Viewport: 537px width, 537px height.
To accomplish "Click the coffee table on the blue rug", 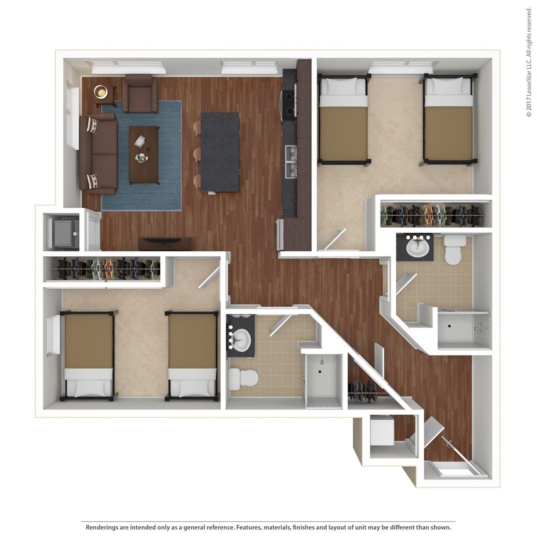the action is tap(144, 155).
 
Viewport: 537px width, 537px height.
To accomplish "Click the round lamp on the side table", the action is tap(100, 91).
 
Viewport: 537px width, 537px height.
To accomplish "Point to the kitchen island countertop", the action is tap(220, 152).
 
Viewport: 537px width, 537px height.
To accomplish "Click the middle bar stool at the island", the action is tap(197, 154).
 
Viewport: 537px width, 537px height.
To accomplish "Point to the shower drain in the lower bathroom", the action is tap(320, 371).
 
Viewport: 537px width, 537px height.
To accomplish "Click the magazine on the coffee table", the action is tap(140, 141).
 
